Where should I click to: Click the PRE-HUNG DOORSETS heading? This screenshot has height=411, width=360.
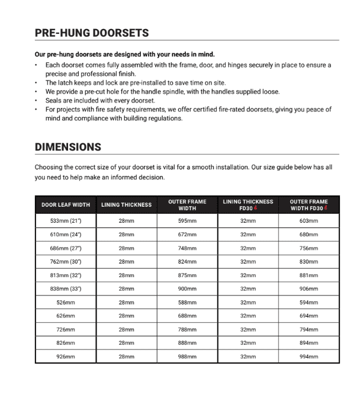(x=92, y=33)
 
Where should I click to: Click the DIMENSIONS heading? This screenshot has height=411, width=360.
(x=68, y=147)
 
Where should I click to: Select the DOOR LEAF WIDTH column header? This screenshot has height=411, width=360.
(x=66, y=205)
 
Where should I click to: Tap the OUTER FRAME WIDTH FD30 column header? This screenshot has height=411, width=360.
(x=308, y=205)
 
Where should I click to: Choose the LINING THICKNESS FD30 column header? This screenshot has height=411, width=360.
(x=248, y=205)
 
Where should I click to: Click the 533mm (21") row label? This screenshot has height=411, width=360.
(x=66, y=221)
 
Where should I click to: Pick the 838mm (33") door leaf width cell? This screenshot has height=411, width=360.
(x=66, y=288)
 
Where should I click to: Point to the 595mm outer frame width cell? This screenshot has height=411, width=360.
(x=187, y=221)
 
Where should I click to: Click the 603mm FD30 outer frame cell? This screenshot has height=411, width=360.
(x=308, y=221)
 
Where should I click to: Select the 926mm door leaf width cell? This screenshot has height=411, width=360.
(x=66, y=357)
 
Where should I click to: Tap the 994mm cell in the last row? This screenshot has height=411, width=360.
(x=308, y=357)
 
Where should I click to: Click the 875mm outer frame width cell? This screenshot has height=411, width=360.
(x=187, y=275)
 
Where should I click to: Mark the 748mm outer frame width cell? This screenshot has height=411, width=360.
(x=187, y=248)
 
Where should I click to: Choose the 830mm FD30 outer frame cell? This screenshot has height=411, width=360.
(x=308, y=262)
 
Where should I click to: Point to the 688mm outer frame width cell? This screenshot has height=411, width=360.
(x=187, y=316)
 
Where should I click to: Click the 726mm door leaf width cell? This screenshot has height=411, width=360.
(x=66, y=329)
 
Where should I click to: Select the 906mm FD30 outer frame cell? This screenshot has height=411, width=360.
(x=308, y=288)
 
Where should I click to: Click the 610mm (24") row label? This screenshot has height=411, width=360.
(x=66, y=235)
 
